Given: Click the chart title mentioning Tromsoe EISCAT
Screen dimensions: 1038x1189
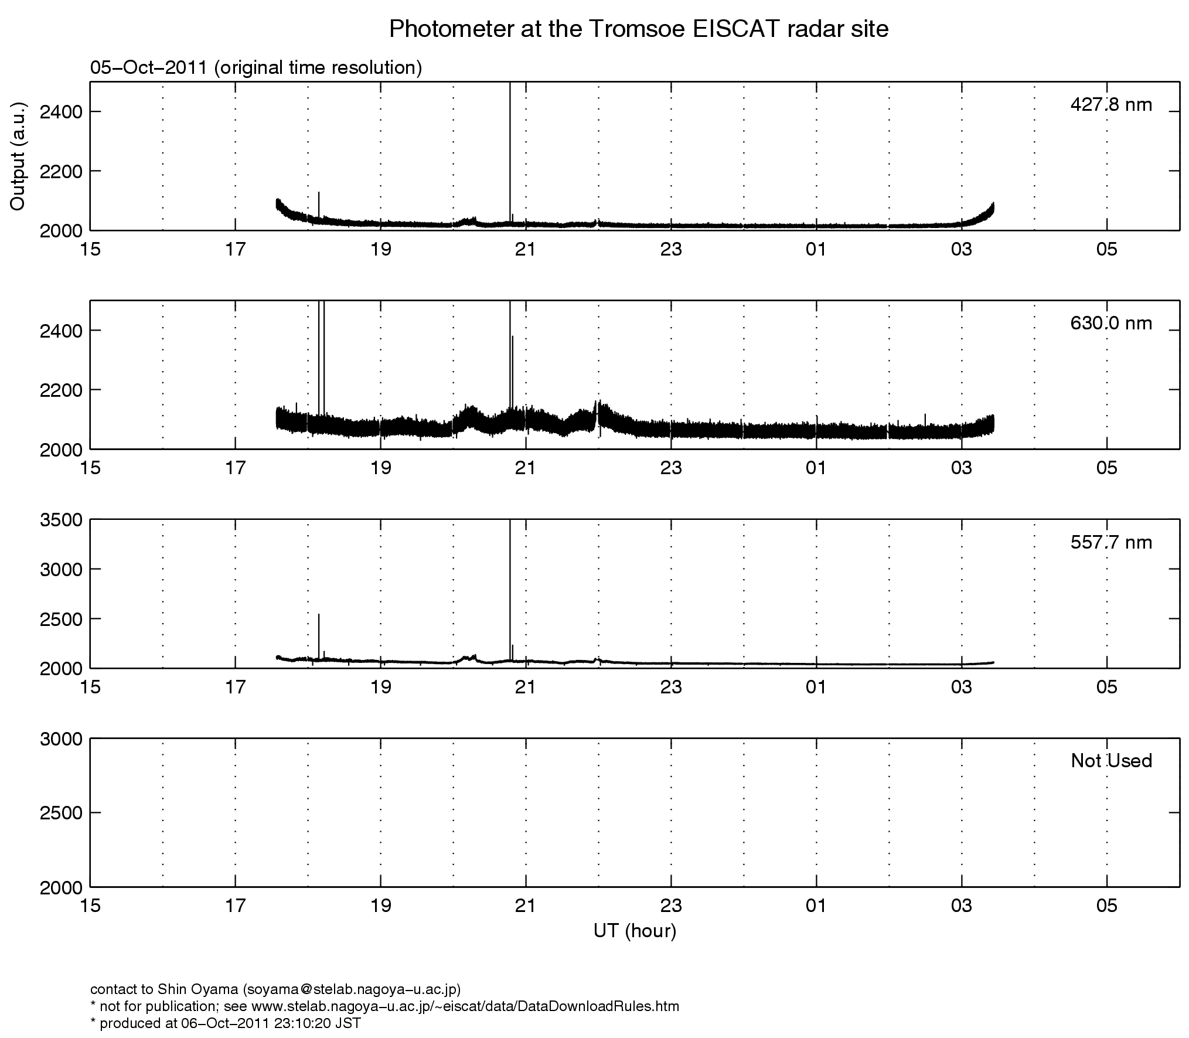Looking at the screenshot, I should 638,29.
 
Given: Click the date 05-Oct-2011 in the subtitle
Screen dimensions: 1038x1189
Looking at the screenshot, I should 148,68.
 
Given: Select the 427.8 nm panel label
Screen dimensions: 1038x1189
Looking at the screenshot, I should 1110,105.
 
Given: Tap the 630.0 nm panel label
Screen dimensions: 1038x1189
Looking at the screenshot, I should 1110,324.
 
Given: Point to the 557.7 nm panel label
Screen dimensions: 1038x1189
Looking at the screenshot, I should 1110,543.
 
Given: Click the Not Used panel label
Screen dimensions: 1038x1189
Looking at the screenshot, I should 1110,761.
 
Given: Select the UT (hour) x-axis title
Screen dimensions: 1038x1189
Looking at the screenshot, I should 635,930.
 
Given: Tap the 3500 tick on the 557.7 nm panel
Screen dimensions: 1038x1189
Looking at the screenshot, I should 61,520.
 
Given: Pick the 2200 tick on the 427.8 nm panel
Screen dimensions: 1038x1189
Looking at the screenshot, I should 61,171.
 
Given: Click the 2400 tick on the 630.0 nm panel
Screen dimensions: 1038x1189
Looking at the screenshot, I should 61,331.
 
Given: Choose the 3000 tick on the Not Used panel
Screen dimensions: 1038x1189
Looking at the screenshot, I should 61,739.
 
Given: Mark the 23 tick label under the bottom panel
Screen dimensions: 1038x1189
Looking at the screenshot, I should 670,907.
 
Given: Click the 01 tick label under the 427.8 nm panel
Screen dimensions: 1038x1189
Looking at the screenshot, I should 816,250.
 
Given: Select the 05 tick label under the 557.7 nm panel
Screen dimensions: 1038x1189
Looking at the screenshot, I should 1106,688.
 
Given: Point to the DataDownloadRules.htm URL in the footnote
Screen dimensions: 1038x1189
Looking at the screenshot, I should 465,1006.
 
